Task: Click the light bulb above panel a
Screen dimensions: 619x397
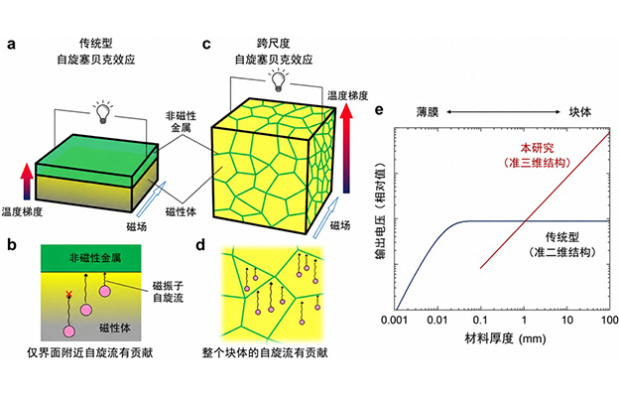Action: (102, 111)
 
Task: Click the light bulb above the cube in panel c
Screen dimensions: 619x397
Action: (279, 80)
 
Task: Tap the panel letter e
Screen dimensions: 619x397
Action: (379, 109)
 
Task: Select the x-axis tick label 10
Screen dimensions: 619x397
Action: (566, 320)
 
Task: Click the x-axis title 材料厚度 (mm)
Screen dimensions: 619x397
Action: (505, 338)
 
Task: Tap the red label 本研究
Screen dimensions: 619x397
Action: (537, 148)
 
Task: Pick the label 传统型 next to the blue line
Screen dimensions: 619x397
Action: (562, 237)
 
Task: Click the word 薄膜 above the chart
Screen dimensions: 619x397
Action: (428, 112)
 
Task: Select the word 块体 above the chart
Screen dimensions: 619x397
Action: (580, 112)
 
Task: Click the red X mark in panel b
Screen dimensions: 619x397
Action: (69, 294)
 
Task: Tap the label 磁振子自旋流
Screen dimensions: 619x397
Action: (169, 292)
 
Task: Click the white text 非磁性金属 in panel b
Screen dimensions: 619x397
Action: (95, 258)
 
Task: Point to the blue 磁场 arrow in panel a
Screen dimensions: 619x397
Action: (151, 198)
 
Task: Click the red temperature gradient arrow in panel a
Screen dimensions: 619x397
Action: (27, 182)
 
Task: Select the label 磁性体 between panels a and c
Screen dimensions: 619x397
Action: (181, 212)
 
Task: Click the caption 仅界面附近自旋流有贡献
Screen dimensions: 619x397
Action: (90, 352)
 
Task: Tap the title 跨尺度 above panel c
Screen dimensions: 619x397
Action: (274, 44)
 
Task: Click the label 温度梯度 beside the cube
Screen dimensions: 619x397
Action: (348, 95)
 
